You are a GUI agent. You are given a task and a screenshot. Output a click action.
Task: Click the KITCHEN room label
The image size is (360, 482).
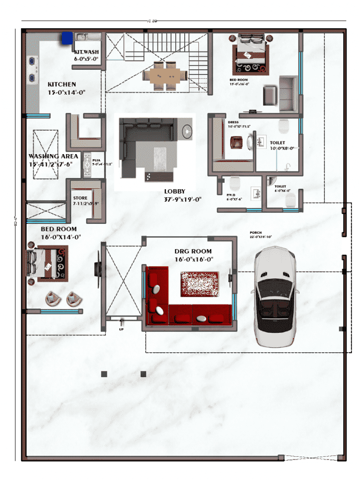pyautogui.click(x=61, y=84)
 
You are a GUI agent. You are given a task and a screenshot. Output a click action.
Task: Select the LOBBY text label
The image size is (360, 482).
pyautogui.click(x=174, y=191)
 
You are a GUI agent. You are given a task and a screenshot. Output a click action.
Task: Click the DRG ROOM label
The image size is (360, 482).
pyautogui.click(x=193, y=252)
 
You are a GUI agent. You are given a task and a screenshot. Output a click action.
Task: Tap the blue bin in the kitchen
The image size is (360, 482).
pyautogui.click(x=66, y=37)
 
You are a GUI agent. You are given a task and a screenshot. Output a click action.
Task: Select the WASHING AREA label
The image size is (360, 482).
pyautogui.click(x=53, y=156)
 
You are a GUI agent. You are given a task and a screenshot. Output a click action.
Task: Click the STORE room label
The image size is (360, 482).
pyautogui.click(x=80, y=198)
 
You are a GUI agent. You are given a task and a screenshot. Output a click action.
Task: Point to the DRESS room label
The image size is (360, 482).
pyautogui.click(x=233, y=122)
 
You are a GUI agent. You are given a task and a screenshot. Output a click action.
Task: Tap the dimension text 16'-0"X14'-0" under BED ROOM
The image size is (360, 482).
pyautogui.click(x=61, y=237)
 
